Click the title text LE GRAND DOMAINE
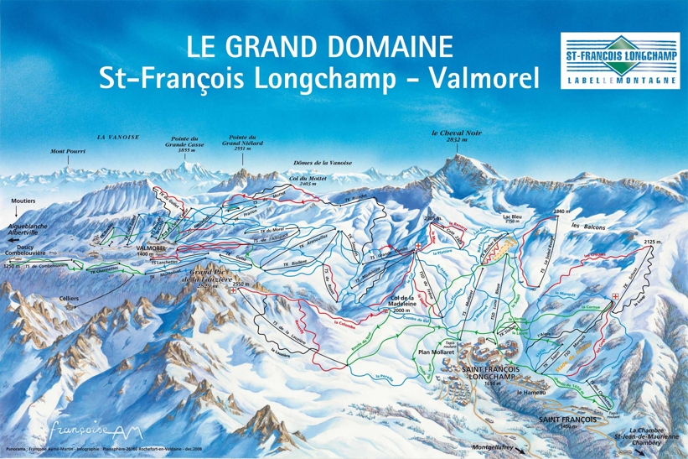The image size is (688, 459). [x=319, y=45]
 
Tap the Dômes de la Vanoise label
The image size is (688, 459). [x=323, y=162]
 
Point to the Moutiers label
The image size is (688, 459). [x=24, y=202]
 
